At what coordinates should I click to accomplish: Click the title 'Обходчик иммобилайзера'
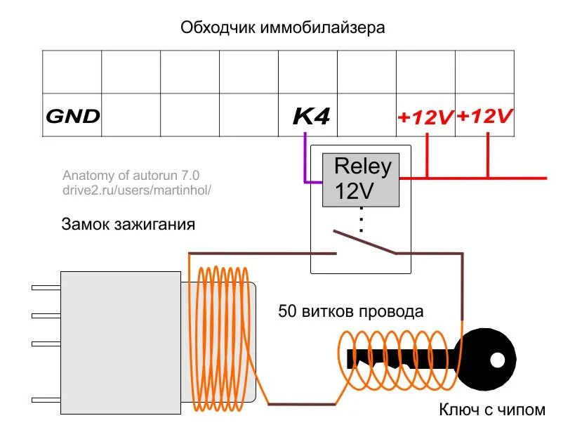(283, 28)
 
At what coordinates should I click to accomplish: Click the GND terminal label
(72, 116)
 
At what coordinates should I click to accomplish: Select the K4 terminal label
(311, 116)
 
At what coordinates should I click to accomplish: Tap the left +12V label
(425, 117)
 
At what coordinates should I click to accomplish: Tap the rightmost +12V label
(484, 116)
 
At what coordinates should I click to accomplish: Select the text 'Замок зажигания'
(128, 226)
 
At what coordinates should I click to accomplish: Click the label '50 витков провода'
(350, 311)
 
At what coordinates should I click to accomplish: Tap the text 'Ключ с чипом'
(491, 410)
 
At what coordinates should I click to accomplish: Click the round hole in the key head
(497, 360)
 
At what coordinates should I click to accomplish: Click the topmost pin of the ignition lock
(46, 287)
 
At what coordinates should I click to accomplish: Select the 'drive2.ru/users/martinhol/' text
(136, 190)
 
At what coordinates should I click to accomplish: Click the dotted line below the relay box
(361, 219)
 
